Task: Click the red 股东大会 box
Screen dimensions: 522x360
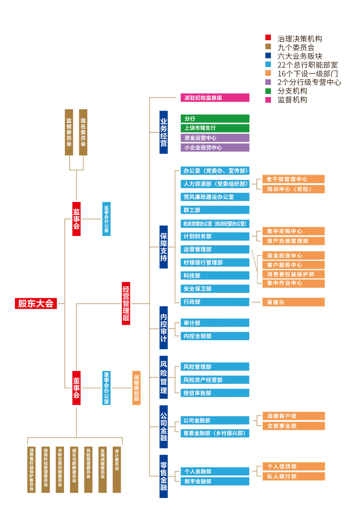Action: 36,303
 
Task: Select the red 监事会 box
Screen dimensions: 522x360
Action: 76,219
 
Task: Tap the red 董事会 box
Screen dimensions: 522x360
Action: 76,388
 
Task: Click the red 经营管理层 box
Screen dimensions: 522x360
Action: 126,303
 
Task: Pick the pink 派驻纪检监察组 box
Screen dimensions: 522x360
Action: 215,98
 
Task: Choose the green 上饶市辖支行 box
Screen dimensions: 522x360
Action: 215,128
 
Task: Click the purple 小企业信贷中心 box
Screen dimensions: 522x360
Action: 215,147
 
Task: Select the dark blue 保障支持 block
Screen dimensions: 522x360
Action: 164,247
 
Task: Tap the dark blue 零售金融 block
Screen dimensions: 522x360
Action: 164,476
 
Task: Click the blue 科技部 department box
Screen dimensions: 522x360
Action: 215,275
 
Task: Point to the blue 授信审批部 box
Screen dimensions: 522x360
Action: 215,393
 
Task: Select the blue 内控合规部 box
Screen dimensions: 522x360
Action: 215,336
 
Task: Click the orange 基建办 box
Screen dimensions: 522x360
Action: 293,302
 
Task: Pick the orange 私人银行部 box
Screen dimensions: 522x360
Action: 294,476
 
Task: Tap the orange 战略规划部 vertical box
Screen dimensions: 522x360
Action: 136,388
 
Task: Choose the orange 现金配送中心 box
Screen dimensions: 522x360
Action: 293,255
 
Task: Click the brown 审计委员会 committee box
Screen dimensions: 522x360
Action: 117,470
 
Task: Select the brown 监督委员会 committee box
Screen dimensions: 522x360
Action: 69,132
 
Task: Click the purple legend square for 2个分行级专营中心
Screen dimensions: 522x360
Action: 268,82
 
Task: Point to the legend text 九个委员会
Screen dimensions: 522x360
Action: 296,48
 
